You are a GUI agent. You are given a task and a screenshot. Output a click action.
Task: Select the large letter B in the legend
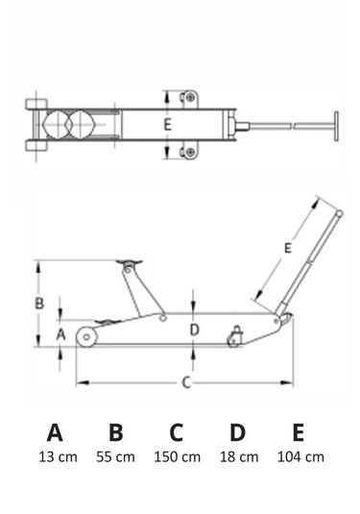(x=114, y=430)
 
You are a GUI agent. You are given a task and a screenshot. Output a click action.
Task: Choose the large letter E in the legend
(x=299, y=430)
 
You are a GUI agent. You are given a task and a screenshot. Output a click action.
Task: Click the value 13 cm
(x=55, y=456)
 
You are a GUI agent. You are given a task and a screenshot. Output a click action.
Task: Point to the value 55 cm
(x=114, y=456)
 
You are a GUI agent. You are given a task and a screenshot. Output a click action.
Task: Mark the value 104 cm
(x=300, y=456)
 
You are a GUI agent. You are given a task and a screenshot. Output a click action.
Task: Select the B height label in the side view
(x=38, y=304)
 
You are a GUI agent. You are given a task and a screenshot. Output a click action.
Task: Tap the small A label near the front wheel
(x=60, y=334)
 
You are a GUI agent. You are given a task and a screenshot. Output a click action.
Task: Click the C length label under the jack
(x=186, y=382)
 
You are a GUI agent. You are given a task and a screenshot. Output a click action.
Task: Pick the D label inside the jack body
(x=194, y=330)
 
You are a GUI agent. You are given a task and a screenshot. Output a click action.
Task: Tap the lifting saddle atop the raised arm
(x=126, y=263)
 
